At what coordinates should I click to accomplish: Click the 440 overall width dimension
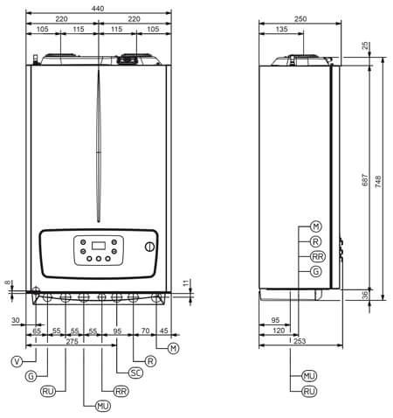[98, 9]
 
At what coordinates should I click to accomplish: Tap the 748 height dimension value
[378, 182]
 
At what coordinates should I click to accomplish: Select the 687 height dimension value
[365, 180]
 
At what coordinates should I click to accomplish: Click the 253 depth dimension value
[300, 341]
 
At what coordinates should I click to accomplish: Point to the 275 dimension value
[72, 341]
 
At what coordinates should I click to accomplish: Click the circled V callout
[17, 361]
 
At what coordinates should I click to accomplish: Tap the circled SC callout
[135, 373]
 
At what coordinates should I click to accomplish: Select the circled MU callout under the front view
[103, 406]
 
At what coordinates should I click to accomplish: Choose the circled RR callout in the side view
[318, 256]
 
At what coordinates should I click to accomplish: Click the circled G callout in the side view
[316, 271]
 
